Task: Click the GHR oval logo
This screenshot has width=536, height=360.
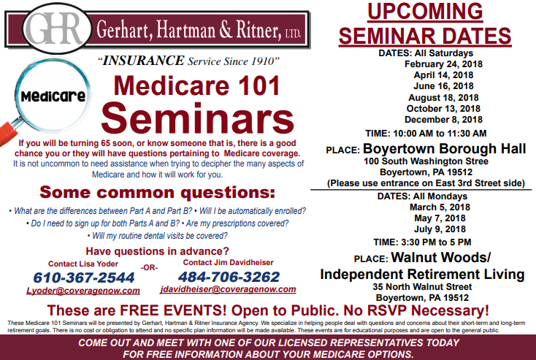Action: tap(57, 28)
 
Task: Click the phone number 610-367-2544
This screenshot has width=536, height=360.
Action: tap(84, 277)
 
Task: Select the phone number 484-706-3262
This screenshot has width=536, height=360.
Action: tap(229, 277)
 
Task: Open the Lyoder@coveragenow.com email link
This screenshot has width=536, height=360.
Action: tap(83, 291)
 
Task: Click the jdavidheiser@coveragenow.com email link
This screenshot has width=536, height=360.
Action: tap(228, 289)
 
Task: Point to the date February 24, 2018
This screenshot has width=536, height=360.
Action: tap(443, 64)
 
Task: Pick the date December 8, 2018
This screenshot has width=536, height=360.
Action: tap(443, 120)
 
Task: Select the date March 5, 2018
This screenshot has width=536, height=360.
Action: tap(440, 207)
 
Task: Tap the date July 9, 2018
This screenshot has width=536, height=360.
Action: tap(440, 229)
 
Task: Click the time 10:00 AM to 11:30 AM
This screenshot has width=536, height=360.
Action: tap(440, 134)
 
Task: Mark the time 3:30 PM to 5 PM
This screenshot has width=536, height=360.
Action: tap(436, 242)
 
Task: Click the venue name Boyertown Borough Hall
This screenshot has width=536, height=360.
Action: tap(444, 149)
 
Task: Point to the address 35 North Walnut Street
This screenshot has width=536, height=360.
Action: tap(422, 287)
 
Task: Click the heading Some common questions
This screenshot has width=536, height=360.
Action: tap(157, 193)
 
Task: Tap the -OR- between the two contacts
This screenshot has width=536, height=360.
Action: tap(149, 268)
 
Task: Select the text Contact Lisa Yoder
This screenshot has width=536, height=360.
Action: tap(83, 264)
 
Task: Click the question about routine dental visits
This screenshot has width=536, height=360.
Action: tap(158, 236)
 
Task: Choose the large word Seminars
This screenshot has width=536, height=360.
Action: tap(197, 118)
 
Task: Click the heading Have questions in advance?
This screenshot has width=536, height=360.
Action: tap(157, 251)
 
